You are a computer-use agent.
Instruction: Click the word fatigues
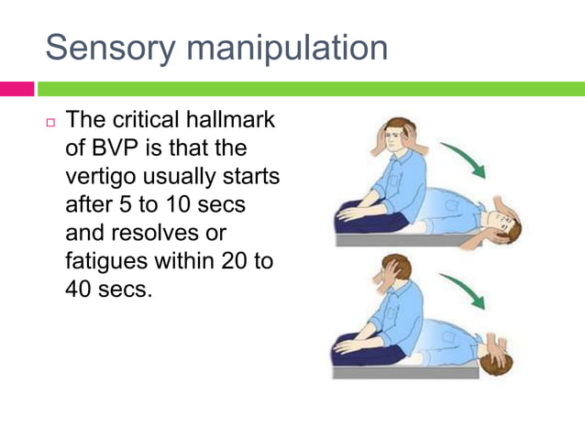point(105,260)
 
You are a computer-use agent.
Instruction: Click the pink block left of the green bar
point(17,89)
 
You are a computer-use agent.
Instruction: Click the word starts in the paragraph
point(252,175)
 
